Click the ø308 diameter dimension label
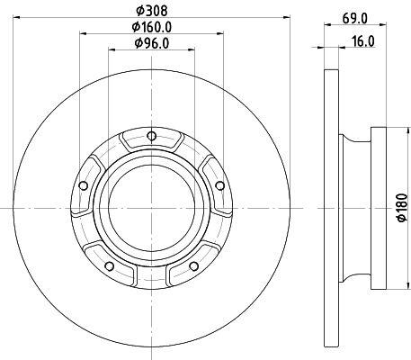(151, 11)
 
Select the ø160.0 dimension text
(152, 27)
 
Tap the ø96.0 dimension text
(152, 43)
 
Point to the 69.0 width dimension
(355, 19)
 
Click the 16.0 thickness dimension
(363, 41)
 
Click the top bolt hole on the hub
(152, 136)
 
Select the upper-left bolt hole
(83, 185)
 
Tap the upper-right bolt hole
(220, 185)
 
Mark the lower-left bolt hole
(110, 266)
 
